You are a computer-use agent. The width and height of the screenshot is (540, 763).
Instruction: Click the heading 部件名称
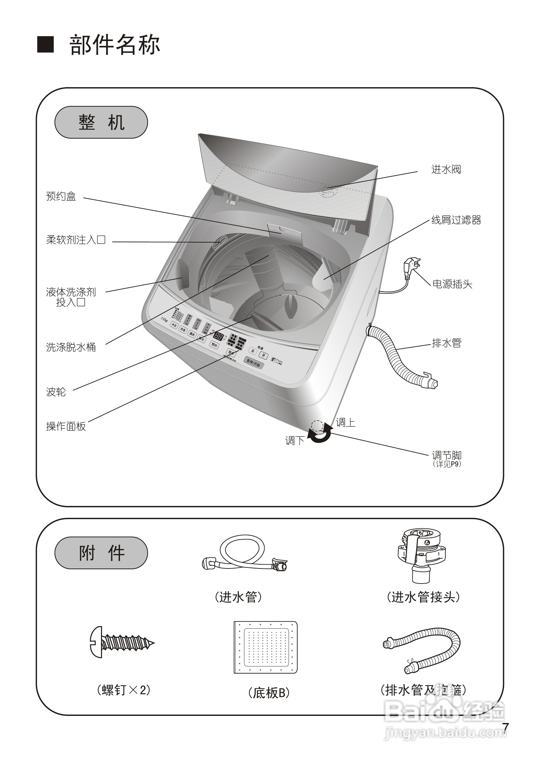[115, 45]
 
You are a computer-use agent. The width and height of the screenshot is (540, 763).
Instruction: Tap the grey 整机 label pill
[101, 122]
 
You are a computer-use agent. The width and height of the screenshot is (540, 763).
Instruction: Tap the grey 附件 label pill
[101, 553]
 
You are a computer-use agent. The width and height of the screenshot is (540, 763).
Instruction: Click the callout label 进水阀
[446, 170]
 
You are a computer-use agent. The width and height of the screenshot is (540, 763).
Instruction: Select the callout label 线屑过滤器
[456, 220]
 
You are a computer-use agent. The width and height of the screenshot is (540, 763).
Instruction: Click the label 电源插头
[452, 284]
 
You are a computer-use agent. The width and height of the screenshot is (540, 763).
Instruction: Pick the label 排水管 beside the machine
[446, 343]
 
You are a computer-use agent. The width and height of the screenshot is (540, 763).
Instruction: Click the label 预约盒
[61, 196]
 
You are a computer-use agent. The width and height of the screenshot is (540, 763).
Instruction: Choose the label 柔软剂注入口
[76, 240]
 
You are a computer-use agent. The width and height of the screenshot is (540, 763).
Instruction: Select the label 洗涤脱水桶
[71, 347]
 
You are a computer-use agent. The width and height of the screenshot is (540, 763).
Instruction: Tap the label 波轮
[56, 392]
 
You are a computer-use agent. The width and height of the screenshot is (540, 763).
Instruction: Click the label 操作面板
[66, 426]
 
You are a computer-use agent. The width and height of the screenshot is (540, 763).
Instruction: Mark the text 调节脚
[446, 455]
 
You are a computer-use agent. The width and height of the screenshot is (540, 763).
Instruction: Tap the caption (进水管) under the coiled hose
[238, 597]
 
